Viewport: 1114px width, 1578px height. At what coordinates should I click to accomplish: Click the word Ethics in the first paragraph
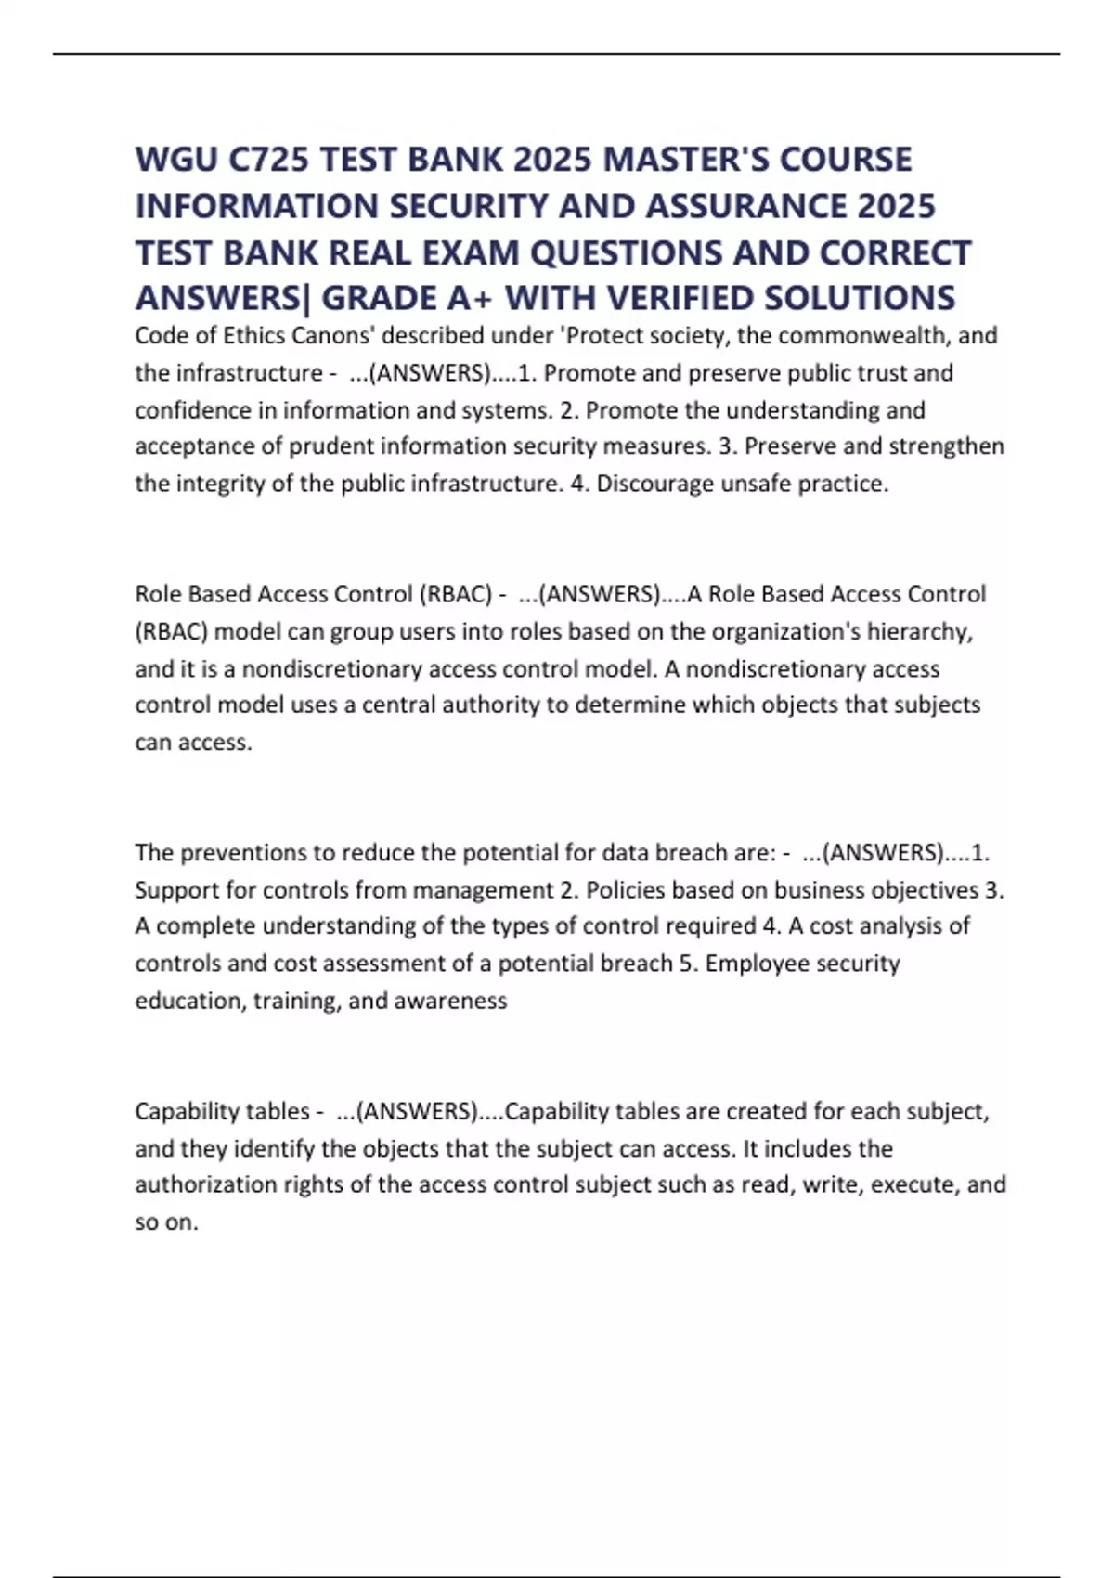pos(253,335)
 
